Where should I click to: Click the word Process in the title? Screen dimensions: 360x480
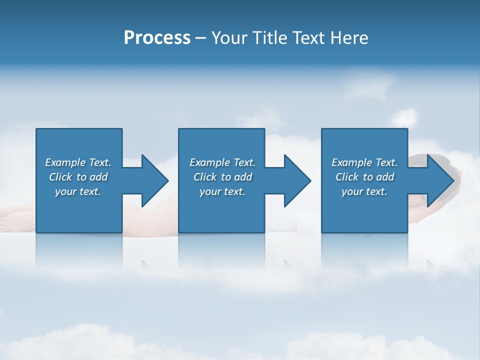(157, 38)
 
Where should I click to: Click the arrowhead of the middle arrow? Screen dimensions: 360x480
(296, 180)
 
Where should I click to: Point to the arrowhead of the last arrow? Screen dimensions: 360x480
(439, 180)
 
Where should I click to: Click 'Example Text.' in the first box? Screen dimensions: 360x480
(78, 162)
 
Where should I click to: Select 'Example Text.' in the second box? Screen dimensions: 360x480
(222, 162)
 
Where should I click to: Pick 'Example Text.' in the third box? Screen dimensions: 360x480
(364, 162)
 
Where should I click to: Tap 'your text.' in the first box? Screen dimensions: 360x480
(78, 191)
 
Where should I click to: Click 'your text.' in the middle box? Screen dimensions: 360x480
(222, 191)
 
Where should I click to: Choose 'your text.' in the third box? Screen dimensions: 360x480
(364, 191)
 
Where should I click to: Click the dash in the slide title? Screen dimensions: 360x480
(200, 38)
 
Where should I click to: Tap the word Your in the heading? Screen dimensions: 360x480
(229, 38)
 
